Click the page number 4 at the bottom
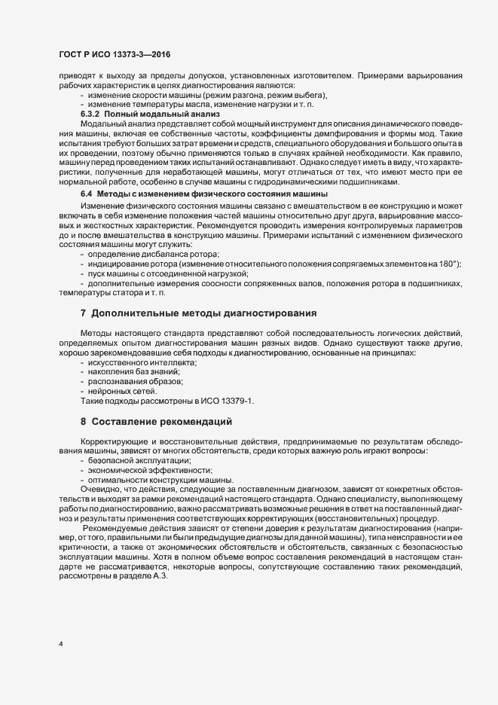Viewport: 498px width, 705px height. point(61,643)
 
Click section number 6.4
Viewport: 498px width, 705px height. point(87,194)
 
